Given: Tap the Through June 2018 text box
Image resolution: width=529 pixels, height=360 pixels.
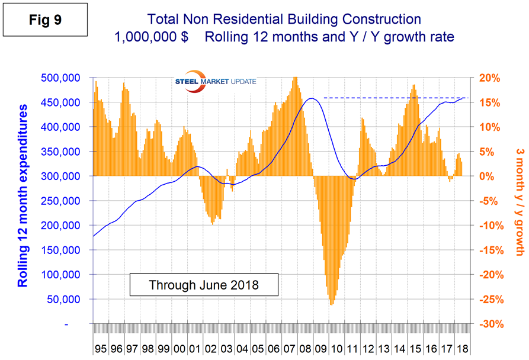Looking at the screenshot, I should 203,285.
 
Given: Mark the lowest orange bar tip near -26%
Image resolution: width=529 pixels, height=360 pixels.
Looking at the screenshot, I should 331,304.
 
